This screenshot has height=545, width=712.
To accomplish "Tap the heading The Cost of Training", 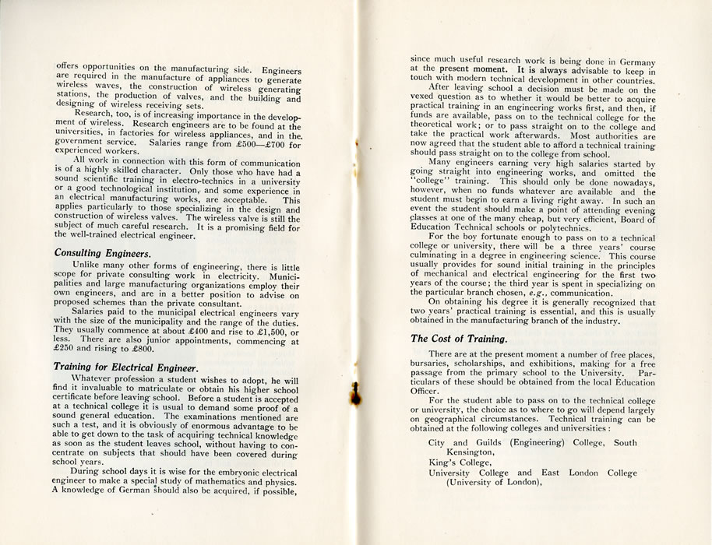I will [x=459, y=339].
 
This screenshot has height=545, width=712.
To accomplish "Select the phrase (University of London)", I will [x=492, y=483].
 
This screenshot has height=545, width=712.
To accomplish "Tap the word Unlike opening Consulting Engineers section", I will [x=90, y=266].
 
